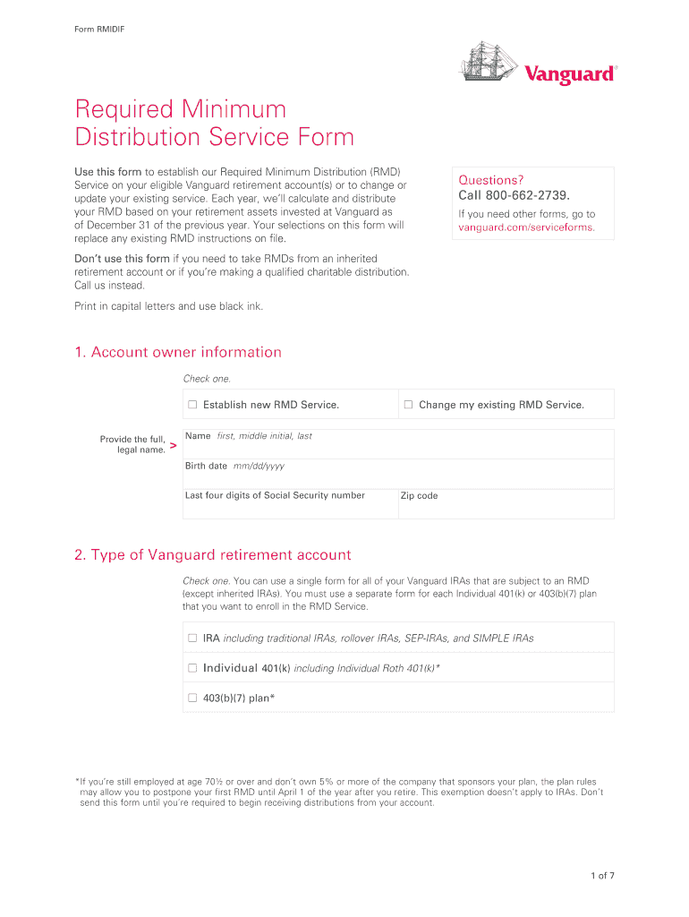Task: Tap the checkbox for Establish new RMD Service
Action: [192, 405]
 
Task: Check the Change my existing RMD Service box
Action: [408, 405]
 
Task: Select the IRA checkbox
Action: [192, 638]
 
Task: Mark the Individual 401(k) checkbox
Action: [192, 668]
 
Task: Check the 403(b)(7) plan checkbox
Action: [192, 698]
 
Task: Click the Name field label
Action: [198, 436]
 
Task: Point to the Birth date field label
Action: [206, 466]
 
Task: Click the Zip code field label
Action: [419, 495]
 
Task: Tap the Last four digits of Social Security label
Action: [275, 495]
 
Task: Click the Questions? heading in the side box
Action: [491, 180]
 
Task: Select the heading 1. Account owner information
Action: [178, 352]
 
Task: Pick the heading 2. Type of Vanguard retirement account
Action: [212, 555]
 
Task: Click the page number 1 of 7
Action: [602, 876]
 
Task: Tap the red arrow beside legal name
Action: [173, 445]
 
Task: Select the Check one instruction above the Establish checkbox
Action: [207, 379]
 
